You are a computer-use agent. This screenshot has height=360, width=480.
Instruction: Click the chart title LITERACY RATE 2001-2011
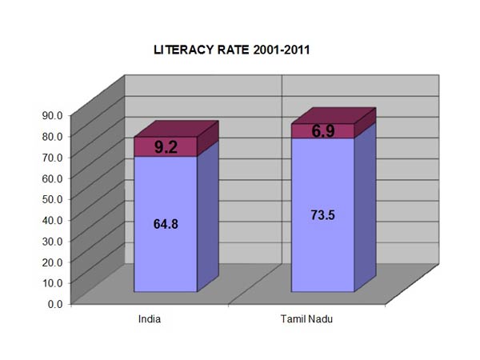(232, 50)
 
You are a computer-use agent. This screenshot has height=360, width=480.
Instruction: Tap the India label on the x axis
(150, 319)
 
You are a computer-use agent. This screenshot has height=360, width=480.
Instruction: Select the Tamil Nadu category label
(306, 319)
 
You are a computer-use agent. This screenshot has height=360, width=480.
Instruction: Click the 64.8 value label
(166, 224)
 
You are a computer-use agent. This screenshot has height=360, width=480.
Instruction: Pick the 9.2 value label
(166, 146)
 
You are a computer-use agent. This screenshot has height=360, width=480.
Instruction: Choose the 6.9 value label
(323, 131)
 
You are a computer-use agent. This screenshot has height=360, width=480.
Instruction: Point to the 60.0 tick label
(54, 177)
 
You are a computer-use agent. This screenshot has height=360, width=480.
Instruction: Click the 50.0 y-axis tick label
(54, 198)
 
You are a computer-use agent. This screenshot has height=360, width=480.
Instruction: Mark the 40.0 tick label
(54, 219)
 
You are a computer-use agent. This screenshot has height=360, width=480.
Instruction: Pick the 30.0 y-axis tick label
(54, 240)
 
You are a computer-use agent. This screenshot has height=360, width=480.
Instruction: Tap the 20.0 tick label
(54, 261)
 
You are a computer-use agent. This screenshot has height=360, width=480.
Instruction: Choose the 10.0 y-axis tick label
(54, 282)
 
